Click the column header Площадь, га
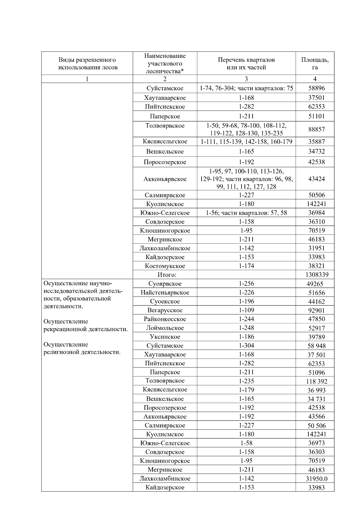coord(315,63)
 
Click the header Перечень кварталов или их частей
coord(246,63)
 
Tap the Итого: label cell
coord(165,274)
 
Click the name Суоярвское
coord(165,283)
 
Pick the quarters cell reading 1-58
coord(246,443)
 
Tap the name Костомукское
coord(165,266)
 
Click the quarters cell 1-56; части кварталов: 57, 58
coord(246,213)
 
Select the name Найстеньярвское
coord(165,292)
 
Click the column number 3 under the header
coord(246,79)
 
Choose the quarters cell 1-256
coord(246,283)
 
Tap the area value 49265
coord(315,284)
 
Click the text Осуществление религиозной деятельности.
coord(82,348)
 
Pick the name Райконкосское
coord(165,319)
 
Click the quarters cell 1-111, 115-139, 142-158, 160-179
coord(246,142)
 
